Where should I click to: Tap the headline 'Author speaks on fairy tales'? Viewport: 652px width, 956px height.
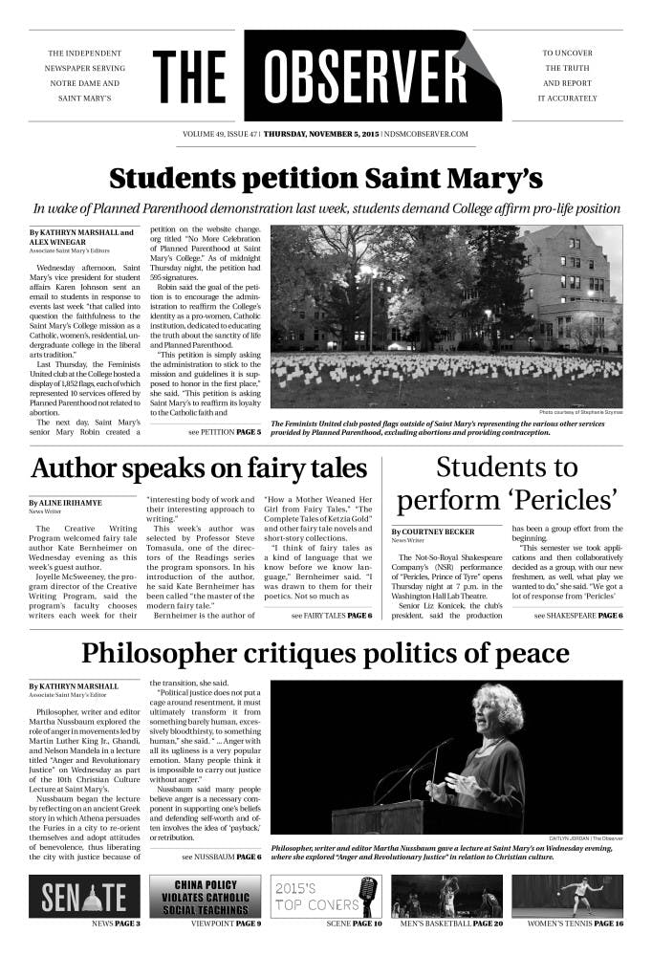coord(199,468)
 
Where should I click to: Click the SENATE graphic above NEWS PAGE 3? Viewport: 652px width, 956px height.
coord(84,896)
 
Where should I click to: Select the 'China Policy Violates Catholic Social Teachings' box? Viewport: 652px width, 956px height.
coord(206,896)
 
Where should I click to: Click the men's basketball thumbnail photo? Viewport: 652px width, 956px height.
coord(446,896)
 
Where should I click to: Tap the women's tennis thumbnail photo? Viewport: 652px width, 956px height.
coord(567,896)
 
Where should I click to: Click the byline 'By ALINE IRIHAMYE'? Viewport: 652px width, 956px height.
coord(65,502)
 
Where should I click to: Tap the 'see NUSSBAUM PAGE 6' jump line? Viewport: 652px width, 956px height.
coord(222,856)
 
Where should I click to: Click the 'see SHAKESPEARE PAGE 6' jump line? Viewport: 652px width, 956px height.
coord(578,615)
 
